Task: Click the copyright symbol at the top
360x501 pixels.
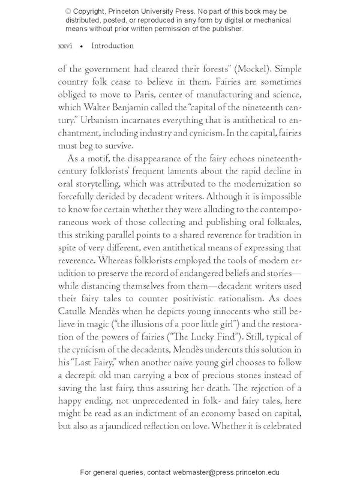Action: (x=68, y=11)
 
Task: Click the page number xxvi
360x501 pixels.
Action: (x=65, y=46)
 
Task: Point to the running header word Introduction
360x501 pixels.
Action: (x=112, y=46)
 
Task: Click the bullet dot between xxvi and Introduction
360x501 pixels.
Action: (x=81, y=47)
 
